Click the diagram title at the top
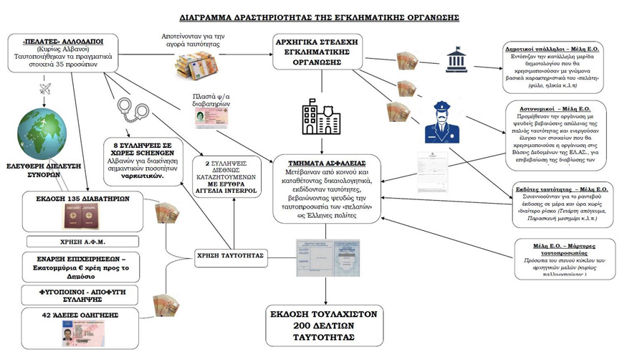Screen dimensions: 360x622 pos(310,16)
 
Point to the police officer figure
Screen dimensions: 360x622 pos(441,120)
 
